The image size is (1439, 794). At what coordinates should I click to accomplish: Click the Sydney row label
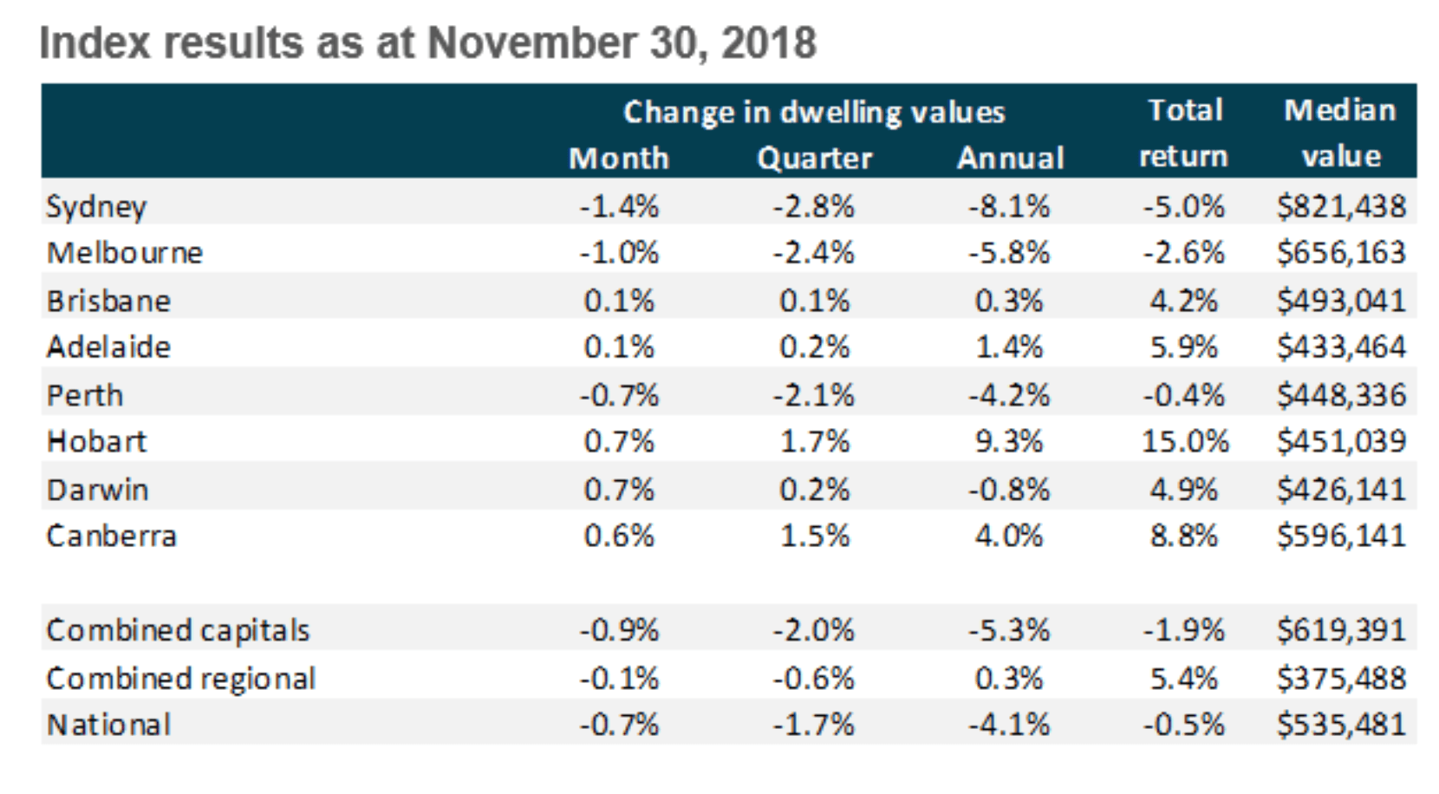pyautogui.click(x=96, y=206)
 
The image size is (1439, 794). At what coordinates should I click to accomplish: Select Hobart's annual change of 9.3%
pyautogui.click(x=1008, y=441)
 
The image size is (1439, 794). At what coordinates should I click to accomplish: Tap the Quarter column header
pyautogui.click(x=814, y=159)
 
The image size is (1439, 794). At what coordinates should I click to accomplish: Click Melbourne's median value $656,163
pyautogui.click(x=1340, y=252)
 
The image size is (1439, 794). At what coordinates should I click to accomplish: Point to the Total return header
pyautogui.click(x=1184, y=133)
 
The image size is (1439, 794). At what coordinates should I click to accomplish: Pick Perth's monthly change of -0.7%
pyautogui.click(x=619, y=395)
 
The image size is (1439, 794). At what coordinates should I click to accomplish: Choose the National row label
pyautogui.click(x=109, y=725)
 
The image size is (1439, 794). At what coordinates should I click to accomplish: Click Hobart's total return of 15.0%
pyautogui.click(x=1184, y=441)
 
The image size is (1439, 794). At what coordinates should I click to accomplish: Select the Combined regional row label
pyautogui.click(x=180, y=678)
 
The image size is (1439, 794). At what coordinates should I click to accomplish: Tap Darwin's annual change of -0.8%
pyautogui.click(x=1008, y=490)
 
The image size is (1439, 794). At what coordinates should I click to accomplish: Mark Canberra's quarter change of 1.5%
pyautogui.click(x=814, y=536)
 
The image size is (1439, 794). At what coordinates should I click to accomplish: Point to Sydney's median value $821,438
pyautogui.click(x=1340, y=206)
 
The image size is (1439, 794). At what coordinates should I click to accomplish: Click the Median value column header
pyautogui.click(x=1340, y=133)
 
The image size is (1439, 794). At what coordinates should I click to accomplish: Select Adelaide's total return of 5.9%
pyautogui.click(x=1184, y=347)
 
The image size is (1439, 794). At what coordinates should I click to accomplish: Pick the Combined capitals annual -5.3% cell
pyautogui.click(x=1008, y=630)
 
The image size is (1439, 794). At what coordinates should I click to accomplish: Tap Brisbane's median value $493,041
pyautogui.click(x=1340, y=301)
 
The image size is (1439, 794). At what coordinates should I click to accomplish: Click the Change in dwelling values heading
pyautogui.click(x=814, y=112)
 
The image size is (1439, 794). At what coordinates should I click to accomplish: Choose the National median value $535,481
pyautogui.click(x=1340, y=725)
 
